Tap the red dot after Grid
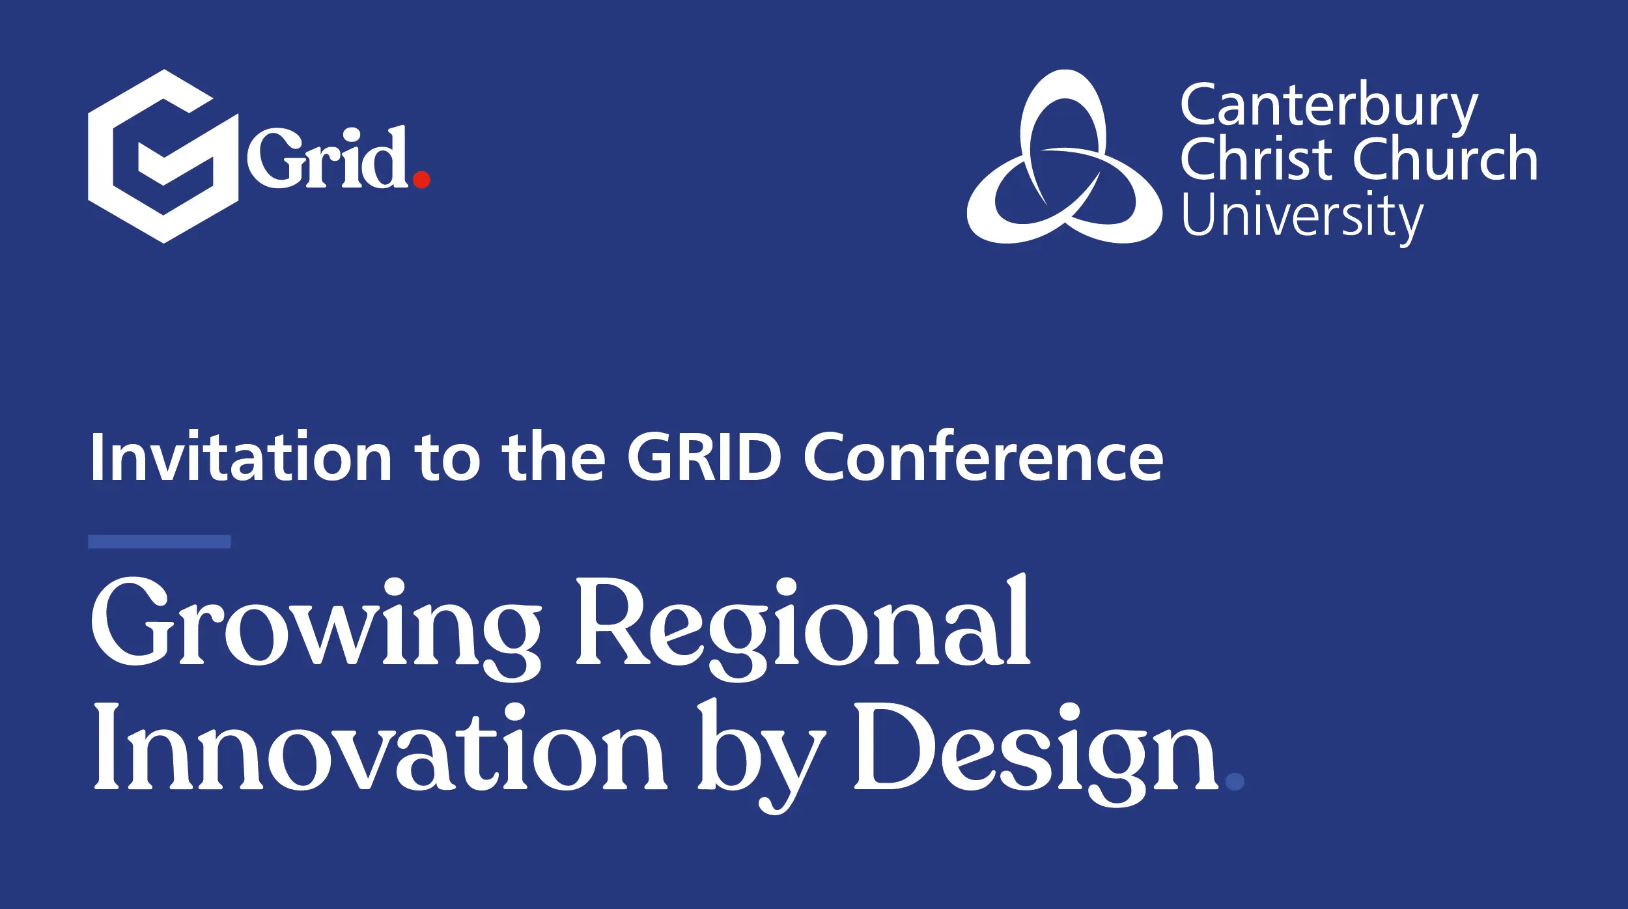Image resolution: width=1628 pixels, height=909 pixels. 421,179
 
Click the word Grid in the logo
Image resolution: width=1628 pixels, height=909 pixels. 328,157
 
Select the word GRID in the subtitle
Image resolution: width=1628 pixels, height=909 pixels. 704,457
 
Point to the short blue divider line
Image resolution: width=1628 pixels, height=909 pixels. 159,542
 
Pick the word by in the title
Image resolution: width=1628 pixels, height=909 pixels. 762,757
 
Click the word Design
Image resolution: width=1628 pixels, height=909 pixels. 1036,755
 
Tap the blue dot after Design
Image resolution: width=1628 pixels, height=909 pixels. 1235,781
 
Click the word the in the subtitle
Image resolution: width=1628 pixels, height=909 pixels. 554,457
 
